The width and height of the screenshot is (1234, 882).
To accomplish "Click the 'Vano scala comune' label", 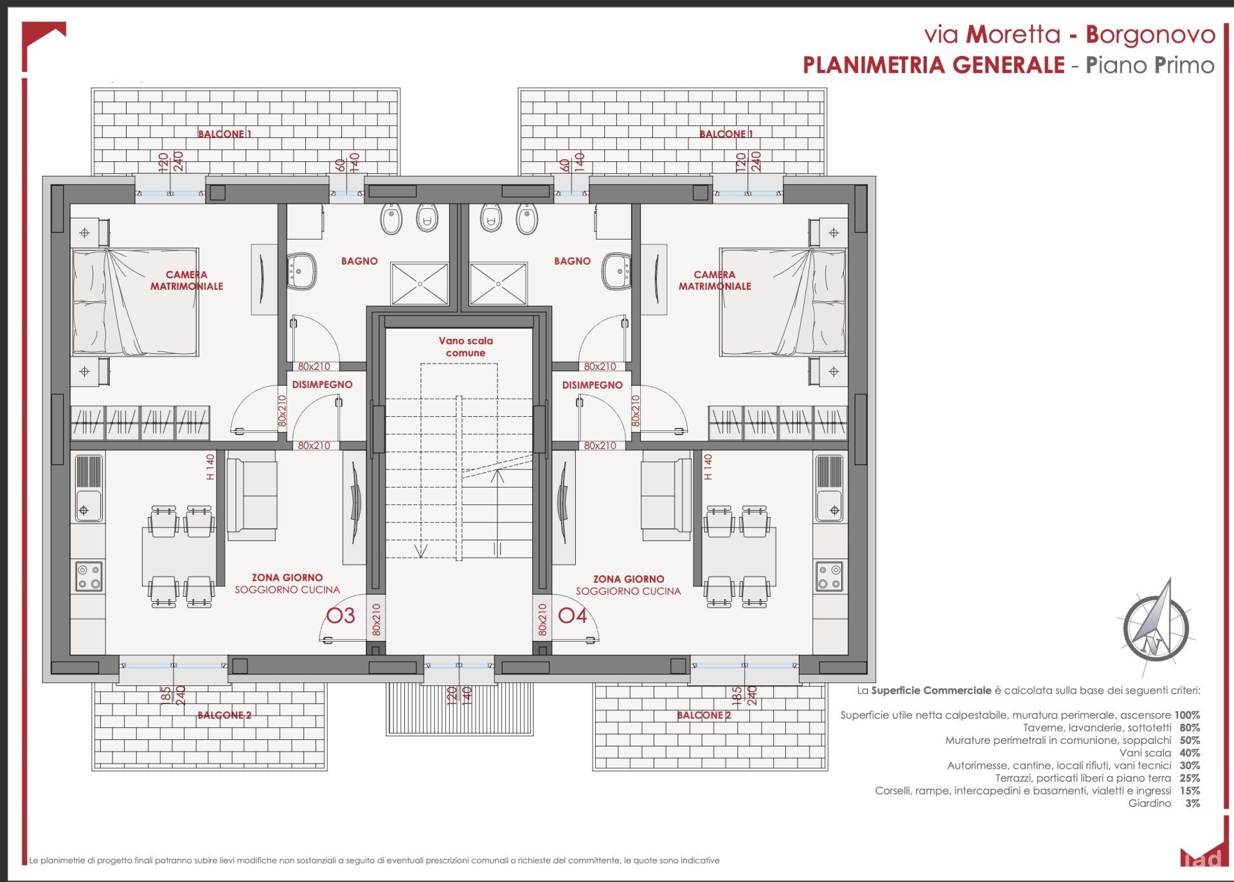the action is pyautogui.click(x=466, y=347).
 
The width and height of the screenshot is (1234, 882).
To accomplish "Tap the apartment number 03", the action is pyautogui.click(x=341, y=615).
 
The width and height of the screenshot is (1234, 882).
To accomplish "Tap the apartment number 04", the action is pyautogui.click(x=573, y=615).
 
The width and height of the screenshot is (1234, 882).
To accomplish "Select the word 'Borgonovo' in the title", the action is pyautogui.click(x=1150, y=35).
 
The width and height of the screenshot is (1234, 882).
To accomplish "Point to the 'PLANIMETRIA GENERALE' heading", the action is pyautogui.click(x=934, y=65).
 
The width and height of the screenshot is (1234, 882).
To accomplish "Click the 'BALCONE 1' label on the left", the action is pyautogui.click(x=224, y=134).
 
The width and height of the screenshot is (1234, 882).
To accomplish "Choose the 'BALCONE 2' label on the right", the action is pyautogui.click(x=704, y=715).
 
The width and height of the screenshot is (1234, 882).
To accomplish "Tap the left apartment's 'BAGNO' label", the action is pyautogui.click(x=359, y=261).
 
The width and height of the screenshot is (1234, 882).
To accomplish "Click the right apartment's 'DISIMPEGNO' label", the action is pyautogui.click(x=592, y=385).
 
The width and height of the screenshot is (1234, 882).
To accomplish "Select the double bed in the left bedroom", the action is pyautogui.click(x=135, y=302).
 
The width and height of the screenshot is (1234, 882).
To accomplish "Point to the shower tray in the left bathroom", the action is pyautogui.click(x=420, y=283).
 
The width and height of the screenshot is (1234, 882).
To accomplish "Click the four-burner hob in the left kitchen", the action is pyautogui.click(x=89, y=576).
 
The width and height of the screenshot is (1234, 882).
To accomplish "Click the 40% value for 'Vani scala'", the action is pyautogui.click(x=1190, y=753).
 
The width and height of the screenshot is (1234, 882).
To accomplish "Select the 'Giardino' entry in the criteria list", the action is pyautogui.click(x=1149, y=803).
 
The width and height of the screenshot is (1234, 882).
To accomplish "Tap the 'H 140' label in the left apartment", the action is pyautogui.click(x=210, y=467).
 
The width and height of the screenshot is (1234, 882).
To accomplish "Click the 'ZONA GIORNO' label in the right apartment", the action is pyautogui.click(x=628, y=579).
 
